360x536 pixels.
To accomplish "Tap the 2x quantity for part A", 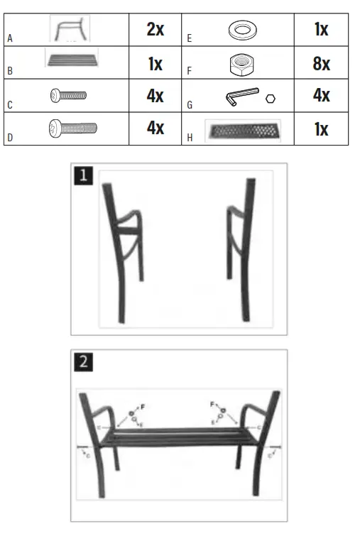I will (x=155, y=29).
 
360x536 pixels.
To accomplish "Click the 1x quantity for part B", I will (x=155, y=64).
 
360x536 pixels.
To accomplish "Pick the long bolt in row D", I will (x=72, y=128).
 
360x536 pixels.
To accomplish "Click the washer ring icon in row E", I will (x=242, y=31).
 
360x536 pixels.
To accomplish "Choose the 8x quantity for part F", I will (x=321, y=64).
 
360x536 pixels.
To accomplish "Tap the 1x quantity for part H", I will (x=321, y=128).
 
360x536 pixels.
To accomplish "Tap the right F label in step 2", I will (x=212, y=404).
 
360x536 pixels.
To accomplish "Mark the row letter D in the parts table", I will (x=9, y=138).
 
